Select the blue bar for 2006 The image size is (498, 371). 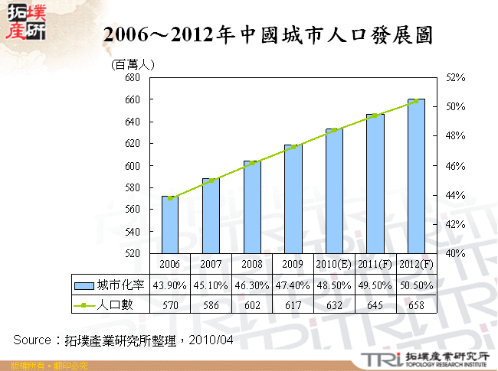(170, 225)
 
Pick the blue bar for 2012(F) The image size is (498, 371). (416, 176)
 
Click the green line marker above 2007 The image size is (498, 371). (211, 181)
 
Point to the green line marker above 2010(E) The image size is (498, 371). (334, 130)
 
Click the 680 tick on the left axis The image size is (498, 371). (131, 78)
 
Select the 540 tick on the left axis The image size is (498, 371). (131, 231)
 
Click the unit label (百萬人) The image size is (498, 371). (133, 64)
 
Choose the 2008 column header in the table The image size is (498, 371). (252, 264)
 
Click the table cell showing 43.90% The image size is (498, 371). (170, 285)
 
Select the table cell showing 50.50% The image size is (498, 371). (416, 285)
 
